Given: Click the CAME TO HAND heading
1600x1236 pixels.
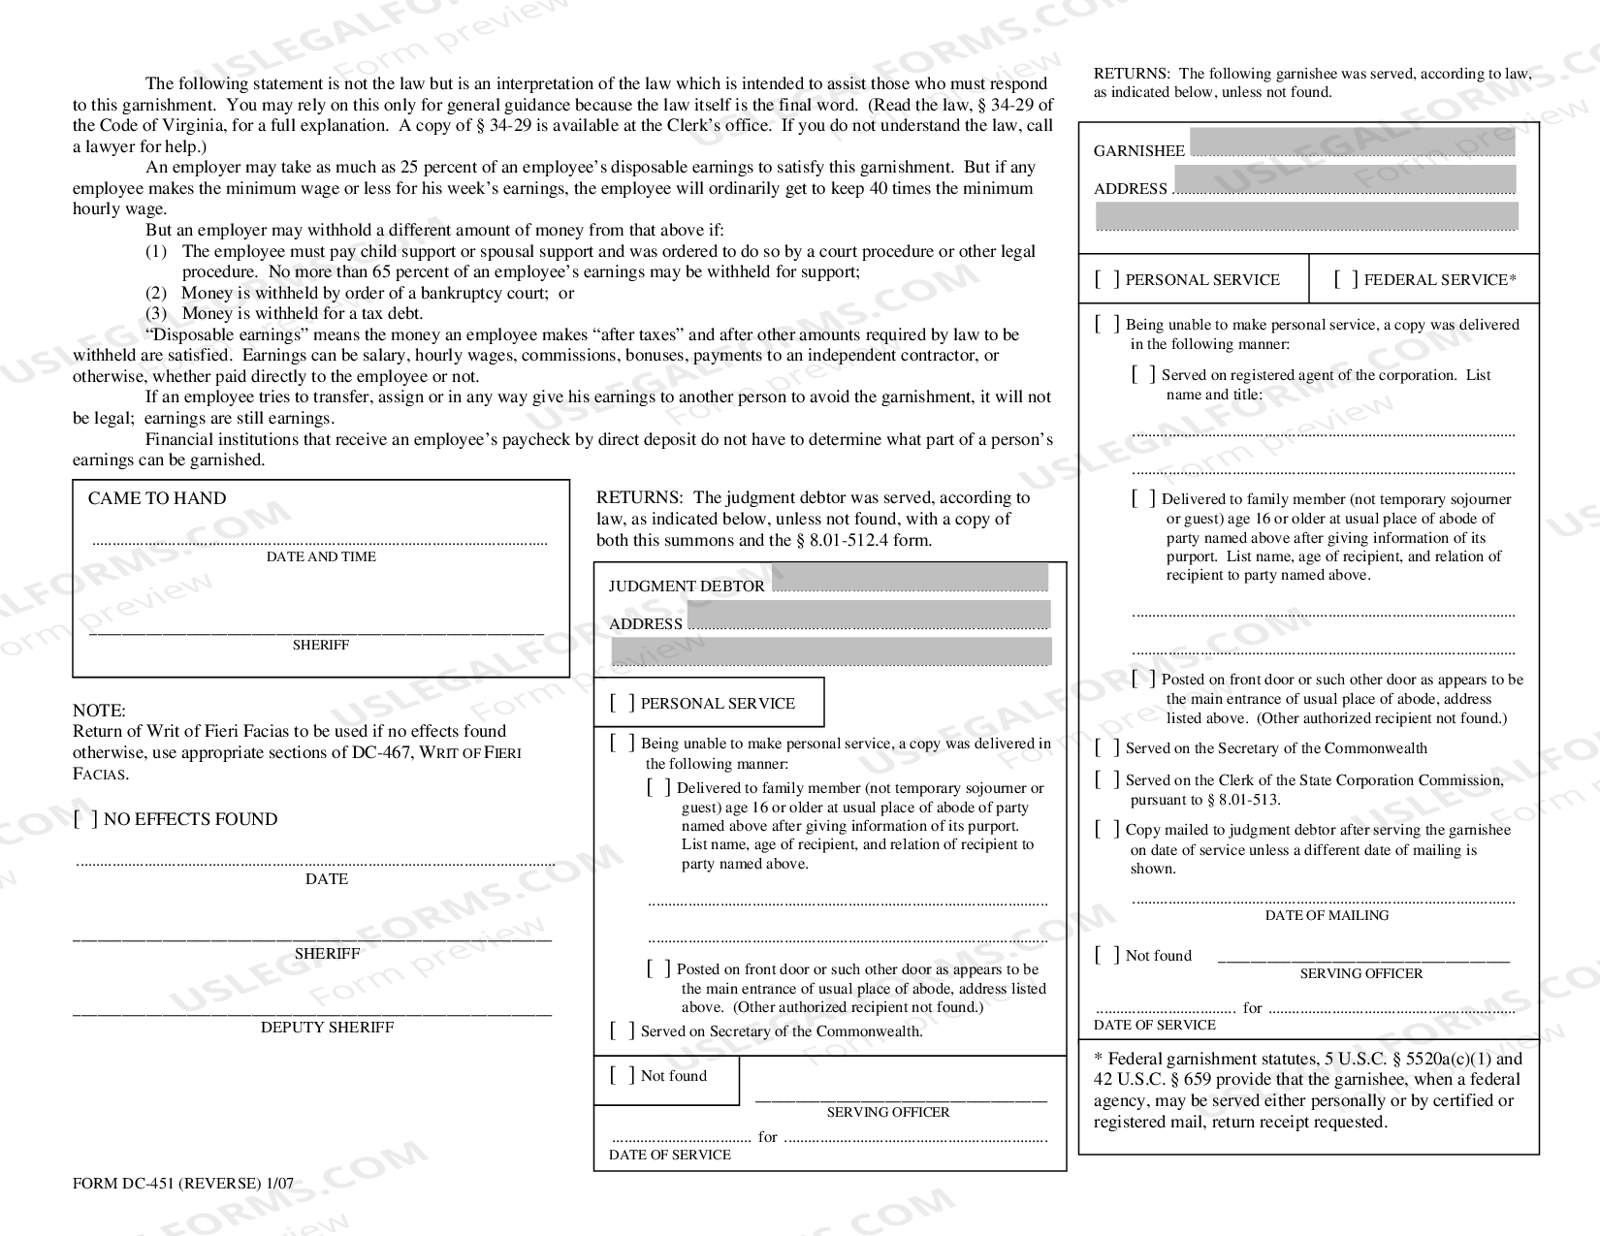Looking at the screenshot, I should point(157,498).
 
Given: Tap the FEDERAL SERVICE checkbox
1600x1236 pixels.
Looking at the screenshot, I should point(1346,280).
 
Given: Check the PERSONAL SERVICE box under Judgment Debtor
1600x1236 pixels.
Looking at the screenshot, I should point(623,704).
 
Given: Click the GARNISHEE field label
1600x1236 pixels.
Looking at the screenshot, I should point(1138,151).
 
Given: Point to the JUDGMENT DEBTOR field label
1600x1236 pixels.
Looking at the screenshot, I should point(687,586).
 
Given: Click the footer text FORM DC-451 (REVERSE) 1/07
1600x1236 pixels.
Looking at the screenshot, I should point(182,1184).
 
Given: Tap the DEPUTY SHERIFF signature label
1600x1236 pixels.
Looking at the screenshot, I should point(327,1028).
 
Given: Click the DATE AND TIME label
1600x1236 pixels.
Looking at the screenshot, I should point(321,557).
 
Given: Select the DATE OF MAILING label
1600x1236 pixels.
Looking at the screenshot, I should point(1326,915).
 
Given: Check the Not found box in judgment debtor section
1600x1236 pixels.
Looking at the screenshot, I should point(623,1076).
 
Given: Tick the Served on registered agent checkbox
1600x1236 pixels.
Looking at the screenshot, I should point(1143,375).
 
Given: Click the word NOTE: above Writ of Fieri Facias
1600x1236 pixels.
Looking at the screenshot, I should point(99,711).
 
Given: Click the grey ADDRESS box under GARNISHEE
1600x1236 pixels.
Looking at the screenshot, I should point(1344,179).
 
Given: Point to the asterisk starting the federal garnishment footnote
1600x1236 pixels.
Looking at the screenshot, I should point(1098,1060).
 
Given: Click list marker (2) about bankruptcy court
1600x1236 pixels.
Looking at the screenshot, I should point(156,293).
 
